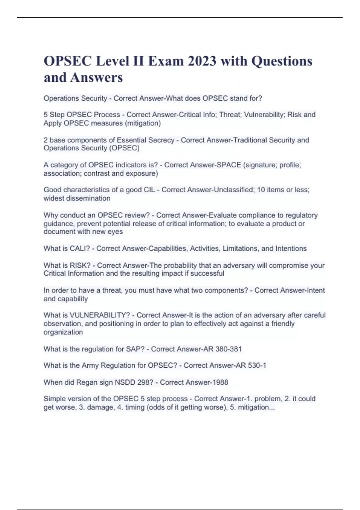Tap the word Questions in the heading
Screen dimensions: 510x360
click(282, 61)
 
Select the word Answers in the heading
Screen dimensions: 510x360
click(97, 77)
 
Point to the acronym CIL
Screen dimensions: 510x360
click(149, 190)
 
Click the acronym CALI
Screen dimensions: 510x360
click(80, 249)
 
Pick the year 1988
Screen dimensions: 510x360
click(220, 382)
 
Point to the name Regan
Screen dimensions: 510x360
click(86, 382)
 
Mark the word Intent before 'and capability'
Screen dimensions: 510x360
click(315, 290)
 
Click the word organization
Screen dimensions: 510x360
click(63, 332)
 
